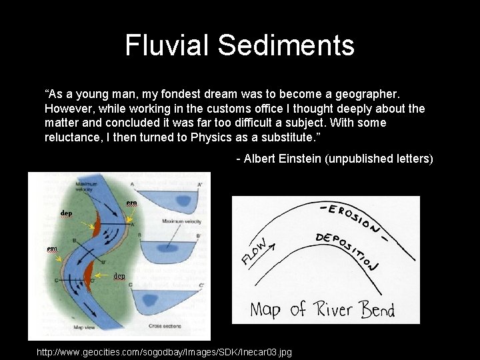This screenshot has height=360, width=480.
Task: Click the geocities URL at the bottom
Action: click(164, 352)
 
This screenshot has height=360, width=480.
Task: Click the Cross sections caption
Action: click(166, 325)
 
